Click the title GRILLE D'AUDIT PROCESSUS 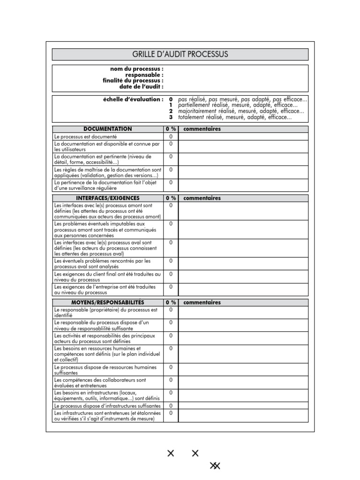(180, 54)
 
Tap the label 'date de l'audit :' (142, 87)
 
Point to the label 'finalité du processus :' (133, 81)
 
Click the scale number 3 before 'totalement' (171, 117)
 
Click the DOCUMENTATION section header (108, 129)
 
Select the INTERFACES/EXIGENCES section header (108, 198)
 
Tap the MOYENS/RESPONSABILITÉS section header (108, 302)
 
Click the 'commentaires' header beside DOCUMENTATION (202, 129)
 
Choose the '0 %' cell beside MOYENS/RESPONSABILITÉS (171, 302)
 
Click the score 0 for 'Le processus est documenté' (171, 136)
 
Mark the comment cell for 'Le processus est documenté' (243, 136)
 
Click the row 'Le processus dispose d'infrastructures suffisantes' (107, 406)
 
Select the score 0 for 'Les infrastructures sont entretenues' (171, 413)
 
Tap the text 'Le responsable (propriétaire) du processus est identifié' (106, 313)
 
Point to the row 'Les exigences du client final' (107, 277)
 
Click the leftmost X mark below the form (171, 453)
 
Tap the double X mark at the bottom (215, 465)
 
